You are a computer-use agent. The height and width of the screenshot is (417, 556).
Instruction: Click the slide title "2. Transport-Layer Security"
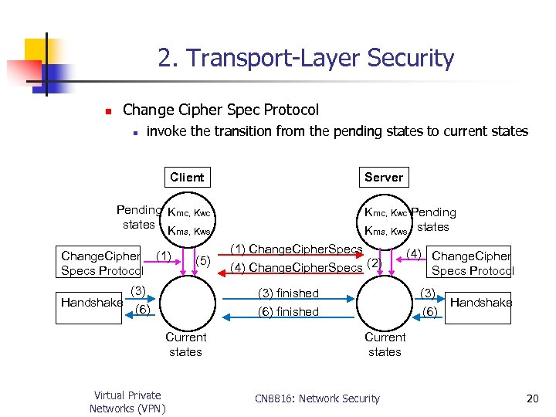pos(306,58)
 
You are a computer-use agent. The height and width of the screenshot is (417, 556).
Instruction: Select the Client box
pos(187,177)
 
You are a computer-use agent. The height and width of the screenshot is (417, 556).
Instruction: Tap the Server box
pos(384,177)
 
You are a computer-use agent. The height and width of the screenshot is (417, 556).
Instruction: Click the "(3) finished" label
pos(287,293)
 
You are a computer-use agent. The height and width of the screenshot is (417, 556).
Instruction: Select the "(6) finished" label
pos(287,312)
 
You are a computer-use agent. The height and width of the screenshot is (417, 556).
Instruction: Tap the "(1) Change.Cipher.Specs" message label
pos(297,249)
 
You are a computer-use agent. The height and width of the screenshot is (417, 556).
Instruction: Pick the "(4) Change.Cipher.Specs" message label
pos(297,268)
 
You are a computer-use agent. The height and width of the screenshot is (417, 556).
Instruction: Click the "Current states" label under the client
pos(185,344)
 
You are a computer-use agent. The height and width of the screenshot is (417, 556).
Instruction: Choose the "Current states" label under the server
pos(385,344)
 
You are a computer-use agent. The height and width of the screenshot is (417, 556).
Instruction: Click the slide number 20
pos(532,398)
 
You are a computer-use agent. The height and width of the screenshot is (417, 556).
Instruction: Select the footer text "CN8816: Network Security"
pos(317,398)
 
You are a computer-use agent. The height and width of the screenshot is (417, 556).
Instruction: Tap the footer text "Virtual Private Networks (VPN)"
pos(127,402)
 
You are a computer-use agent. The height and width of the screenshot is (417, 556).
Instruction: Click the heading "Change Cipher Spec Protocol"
pos(221,110)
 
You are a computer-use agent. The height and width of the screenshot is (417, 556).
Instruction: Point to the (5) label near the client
pos(204,260)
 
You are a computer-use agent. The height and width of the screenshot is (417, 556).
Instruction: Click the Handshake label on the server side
pos(480,303)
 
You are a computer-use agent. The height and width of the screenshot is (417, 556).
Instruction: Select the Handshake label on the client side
pos(92,303)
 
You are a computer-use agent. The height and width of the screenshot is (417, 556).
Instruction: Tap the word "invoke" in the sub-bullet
pos(167,131)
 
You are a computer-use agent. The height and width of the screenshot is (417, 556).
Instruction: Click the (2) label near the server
pos(374,263)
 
